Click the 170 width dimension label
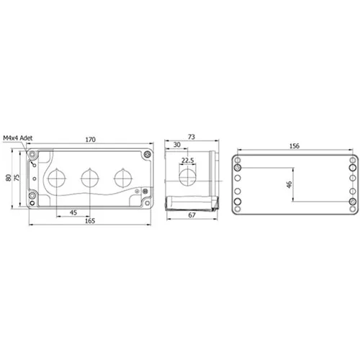91,140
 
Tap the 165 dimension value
90,221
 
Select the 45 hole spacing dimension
73,212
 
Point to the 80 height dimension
9,178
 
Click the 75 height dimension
17,178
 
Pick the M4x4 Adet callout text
18,138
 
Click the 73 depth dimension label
192,137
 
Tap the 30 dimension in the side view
177,145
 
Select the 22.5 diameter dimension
187,161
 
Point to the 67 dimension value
192,215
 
